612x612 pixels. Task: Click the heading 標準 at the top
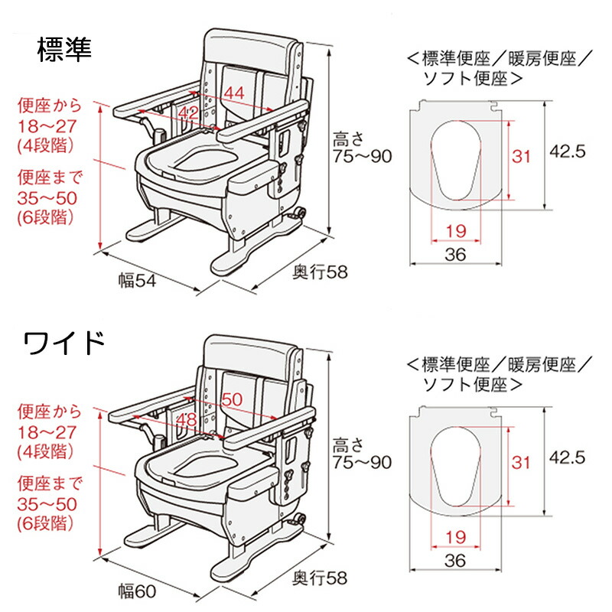[x=64, y=50]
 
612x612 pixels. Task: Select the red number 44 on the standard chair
[x=235, y=93]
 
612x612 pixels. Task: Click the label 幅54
[x=137, y=281]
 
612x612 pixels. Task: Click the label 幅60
[x=137, y=590]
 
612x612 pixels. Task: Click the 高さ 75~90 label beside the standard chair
[x=361, y=148]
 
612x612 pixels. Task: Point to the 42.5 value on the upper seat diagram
[x=568, y=151]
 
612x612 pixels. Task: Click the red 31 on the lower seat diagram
[x=521, y=462]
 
